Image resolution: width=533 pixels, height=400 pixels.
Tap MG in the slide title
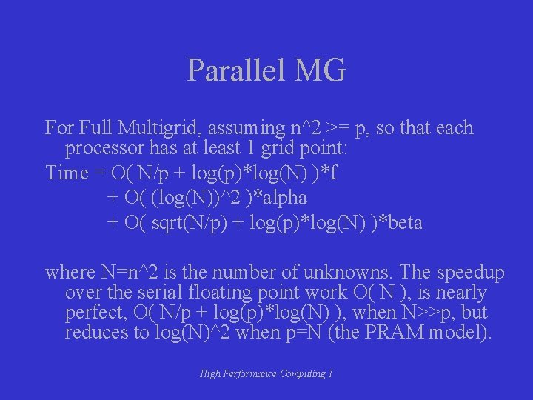coord(320,71)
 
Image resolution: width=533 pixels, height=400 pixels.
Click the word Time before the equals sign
coord(66,173)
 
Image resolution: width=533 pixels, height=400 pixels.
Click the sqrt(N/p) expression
coord(185,222)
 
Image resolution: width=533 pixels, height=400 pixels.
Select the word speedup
coord(472,273)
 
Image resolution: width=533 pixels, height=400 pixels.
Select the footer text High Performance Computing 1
coord(266,374)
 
